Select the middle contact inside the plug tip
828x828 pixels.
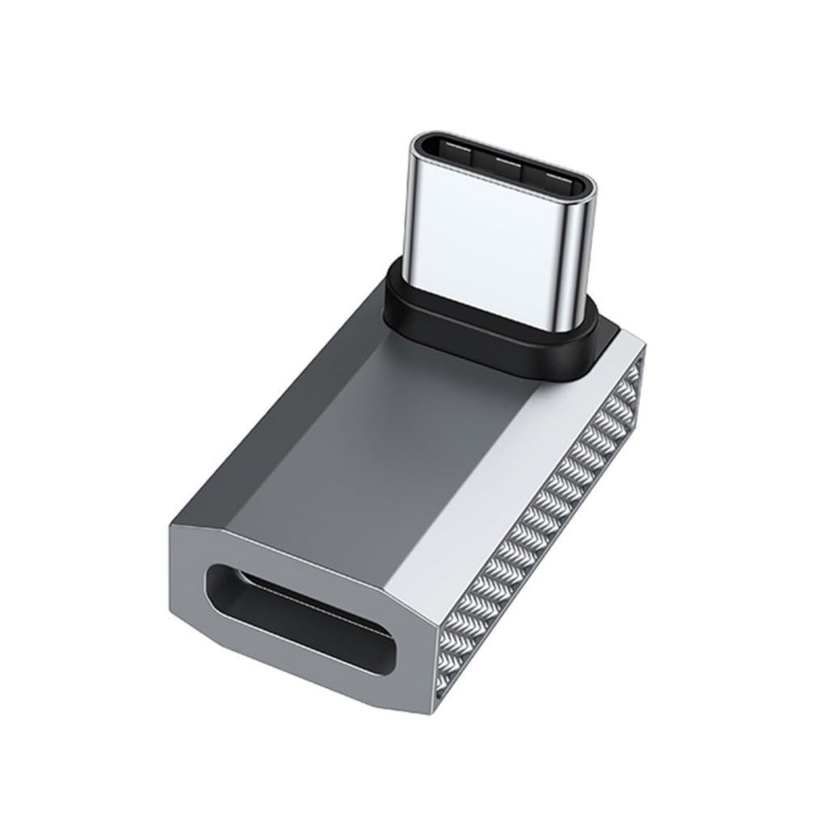[x=504, y=162]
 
